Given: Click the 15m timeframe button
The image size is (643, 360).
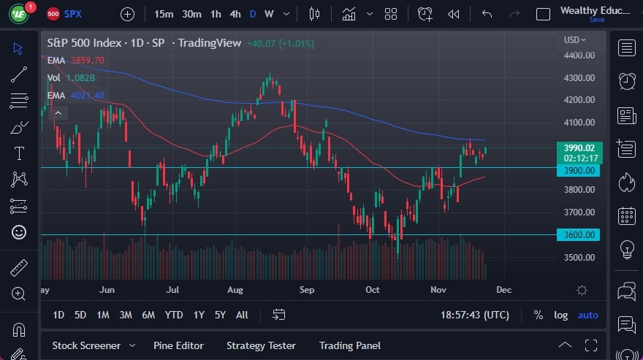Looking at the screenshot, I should [164, 14].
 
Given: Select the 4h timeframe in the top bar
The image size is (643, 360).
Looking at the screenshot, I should [235, 14].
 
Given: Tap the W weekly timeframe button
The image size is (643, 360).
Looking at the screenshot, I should [269, 14].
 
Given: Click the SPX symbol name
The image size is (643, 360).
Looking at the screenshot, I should [73, 14].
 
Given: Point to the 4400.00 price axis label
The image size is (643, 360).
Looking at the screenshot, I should [578, 55].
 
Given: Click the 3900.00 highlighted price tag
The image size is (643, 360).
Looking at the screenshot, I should [578, 170].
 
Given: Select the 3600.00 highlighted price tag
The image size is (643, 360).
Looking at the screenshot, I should [578, 234].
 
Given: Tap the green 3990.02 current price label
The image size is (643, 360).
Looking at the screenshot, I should [578, 148].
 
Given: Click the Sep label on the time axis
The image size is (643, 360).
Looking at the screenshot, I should [306, 290].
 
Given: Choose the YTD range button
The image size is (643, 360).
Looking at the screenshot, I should [174, 315].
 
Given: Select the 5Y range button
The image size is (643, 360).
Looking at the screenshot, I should [220, 315].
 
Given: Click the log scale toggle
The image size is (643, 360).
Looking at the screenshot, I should [560, 315].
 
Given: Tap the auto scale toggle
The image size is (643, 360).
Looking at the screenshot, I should [587, 315].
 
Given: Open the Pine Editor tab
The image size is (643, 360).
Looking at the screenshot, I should [178, 345].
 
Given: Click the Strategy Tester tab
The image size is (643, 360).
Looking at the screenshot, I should [261, 345].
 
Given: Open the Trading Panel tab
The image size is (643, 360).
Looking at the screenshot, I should [350, 345].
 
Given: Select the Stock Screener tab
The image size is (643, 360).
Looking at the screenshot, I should [86, 345].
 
